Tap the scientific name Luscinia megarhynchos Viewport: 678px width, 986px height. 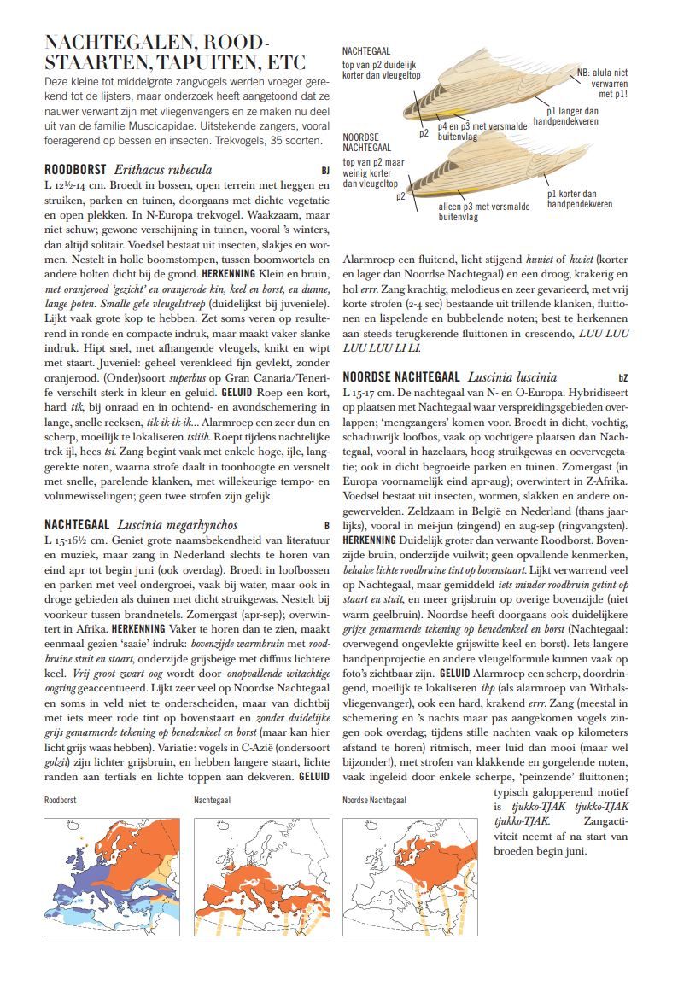click(x=177, y=525)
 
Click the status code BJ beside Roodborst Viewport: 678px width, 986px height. click(x=325, y=171)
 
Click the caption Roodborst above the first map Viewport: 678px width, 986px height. click(x=61, y=801)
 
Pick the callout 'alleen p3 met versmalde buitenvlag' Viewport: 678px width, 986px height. click(x=483, y=212)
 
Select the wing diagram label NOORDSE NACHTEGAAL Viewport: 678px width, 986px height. click(x=367, y=143)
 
